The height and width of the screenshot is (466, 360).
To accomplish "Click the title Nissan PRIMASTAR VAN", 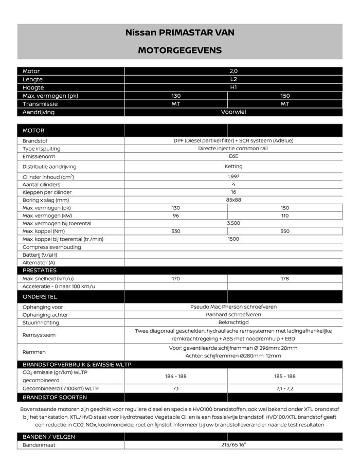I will tap(179, 32).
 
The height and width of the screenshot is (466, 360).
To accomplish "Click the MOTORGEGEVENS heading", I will tap(179, 50).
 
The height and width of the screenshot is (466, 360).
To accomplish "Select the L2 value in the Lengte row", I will tap(233, 80).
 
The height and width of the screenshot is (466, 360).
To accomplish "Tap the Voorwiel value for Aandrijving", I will tap(233, 112).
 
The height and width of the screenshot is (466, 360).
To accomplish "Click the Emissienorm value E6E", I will tap(233, 156).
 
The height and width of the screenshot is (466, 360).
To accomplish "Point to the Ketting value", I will tap(233, 167).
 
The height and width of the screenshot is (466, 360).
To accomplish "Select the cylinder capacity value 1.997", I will tap(233, 176).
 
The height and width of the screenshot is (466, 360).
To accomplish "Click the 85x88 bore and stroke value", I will tap(233, 200).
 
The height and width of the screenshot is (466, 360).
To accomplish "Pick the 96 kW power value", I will tap(176, 216).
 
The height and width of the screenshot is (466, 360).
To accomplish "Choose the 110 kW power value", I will tap(285, 216).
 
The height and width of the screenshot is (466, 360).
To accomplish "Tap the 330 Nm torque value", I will tap(176, 231).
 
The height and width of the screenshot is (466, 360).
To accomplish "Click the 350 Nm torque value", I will tap(285, 231).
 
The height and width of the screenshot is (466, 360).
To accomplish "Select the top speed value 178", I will tap(285, 279).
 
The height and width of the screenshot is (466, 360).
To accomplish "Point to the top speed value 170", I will tap(176, 279).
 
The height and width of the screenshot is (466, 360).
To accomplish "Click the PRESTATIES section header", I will tap(40, 271).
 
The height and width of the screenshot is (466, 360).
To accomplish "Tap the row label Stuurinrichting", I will tap(41, 323).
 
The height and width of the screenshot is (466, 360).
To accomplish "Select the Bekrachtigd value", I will tap(233, 322).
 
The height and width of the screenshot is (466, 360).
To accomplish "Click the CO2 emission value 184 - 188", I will tap(176, 377).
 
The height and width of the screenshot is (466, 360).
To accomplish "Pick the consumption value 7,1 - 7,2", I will tap(285, 389).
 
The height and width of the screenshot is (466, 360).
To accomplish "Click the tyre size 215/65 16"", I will tap(233, 445).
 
